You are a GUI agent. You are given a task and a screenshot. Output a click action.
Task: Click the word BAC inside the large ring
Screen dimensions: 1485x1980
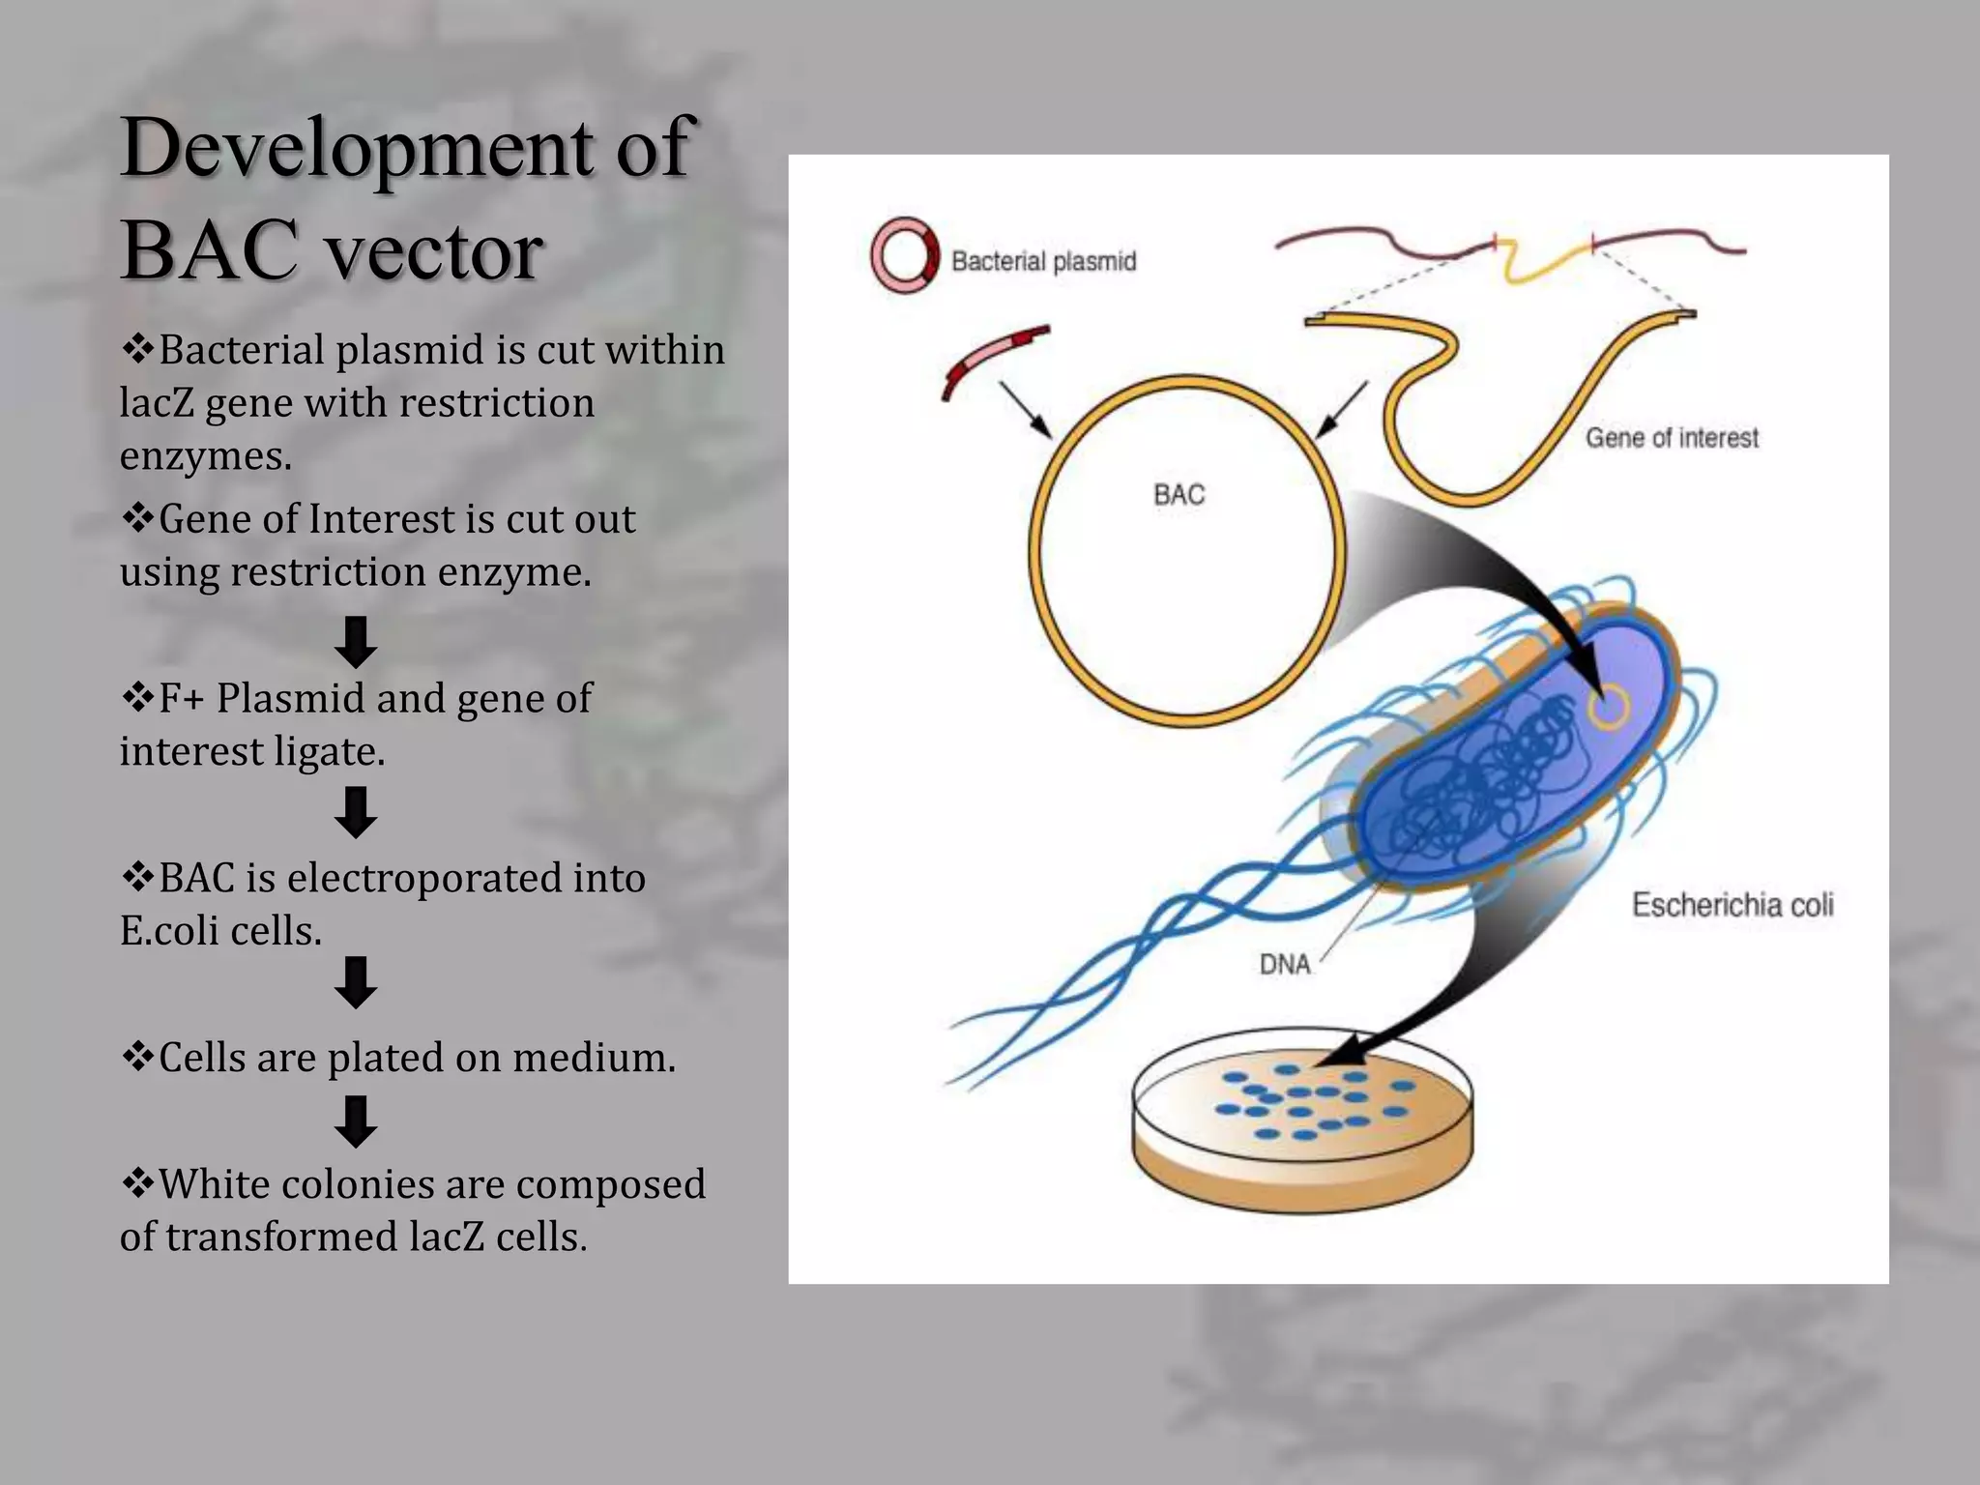point(1179,495)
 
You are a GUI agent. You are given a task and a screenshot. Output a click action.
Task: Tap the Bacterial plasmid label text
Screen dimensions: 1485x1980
point(1043,261)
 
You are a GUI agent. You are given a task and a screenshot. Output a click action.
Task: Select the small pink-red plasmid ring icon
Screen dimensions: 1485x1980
point(904,255)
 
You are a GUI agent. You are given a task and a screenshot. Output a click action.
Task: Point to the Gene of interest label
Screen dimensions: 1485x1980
point(1672,438)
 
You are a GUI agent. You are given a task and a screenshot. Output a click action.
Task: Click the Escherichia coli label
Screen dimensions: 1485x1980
point(1732,905)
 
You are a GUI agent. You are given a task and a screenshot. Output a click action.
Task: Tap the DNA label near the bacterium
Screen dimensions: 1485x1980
point(1285,964)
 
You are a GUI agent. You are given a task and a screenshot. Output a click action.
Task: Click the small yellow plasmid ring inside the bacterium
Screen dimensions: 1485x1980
point(1608,707)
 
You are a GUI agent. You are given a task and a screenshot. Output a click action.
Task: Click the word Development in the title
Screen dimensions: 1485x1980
point(357,147)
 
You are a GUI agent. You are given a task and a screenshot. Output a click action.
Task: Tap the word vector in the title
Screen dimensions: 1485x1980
point(433,251)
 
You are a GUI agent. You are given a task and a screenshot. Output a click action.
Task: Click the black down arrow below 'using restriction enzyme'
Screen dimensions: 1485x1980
point(356,641)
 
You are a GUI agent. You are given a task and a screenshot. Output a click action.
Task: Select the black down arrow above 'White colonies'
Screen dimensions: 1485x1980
point(356,1121)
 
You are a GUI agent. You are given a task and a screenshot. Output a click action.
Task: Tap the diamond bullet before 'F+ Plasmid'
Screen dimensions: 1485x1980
point(137,697)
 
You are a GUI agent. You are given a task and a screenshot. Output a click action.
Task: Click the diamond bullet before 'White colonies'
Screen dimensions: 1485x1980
point(137,1183)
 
